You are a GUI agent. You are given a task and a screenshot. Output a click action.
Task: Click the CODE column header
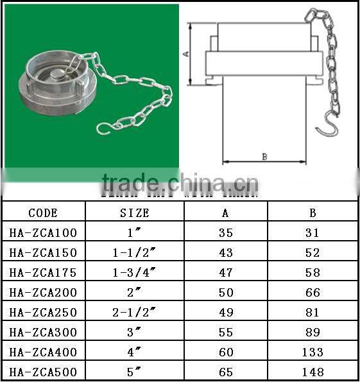pyautogui.click(x=43, y=213)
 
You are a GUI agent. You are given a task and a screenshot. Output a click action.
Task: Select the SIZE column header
pyautogui.click(x=135, y=213)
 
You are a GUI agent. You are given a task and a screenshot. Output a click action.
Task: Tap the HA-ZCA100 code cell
pyautogui.click(x=43, y=232)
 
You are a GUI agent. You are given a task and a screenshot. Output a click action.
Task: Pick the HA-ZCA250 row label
pyautogui.click(x=43, y=312)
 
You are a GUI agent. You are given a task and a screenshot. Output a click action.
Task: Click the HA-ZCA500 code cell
pyautogui.click(x=43, y=372)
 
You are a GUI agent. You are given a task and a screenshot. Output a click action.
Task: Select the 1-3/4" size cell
pyautogui.click(x=135, y=272)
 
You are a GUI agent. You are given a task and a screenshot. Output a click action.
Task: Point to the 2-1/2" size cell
pyautogui.click(x=135, y=312)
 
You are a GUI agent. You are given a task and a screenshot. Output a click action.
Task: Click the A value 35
pyautogui.click(x=226, y=232)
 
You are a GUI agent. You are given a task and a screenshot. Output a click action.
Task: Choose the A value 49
pyautogui.click(x=226, y=312)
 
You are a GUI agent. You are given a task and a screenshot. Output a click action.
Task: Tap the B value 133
pyautogui.click(x=313, y=352)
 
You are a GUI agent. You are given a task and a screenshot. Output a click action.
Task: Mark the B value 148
pyautogui.click(x=313, y=372)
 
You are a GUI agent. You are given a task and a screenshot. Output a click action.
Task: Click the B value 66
pyautogui.click(x=313, y=292)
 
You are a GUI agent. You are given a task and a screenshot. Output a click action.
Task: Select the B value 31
pyautogui.click(x=313, y=232)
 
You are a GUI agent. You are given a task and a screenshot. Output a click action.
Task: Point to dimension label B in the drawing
pyautogui.click(x=264, y=156)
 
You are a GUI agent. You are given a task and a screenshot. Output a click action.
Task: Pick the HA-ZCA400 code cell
pyautogui.click(x=43, y=352)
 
